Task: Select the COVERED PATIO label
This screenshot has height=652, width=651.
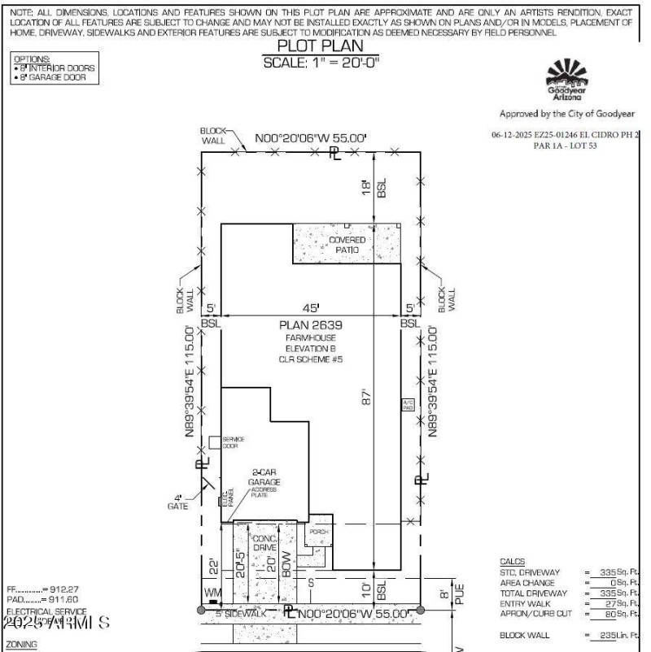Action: (x=347, y=245)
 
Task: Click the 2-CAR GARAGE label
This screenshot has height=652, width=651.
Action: (x=264, y=476)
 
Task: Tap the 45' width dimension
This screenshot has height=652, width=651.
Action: (x=312, y=307)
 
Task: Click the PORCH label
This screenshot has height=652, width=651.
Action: (x=318, y=532)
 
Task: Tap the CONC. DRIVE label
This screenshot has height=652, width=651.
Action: (x=265, y=544)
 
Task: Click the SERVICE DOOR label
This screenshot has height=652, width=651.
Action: (x=233, y=442)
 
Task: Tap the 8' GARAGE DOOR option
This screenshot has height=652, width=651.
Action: (x=55, y=77)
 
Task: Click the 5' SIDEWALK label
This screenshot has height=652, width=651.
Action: (x=241, y=613)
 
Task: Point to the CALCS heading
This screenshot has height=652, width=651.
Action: (x=512, y=562)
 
